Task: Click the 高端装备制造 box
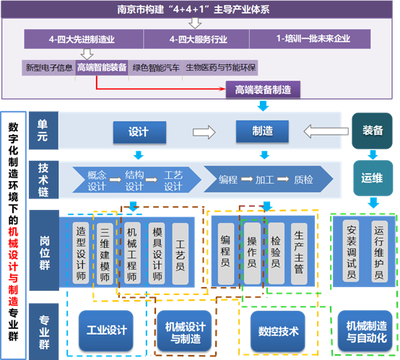click(x=263, y=89)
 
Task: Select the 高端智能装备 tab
click(x=102, y=68)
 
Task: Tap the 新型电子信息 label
click(x=48, y=68)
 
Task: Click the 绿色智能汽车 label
click(x=156, y=68)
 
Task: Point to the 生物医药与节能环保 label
click(x=220, y=68)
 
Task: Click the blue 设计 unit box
click(x=139, y=132)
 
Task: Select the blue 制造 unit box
click(x=262, y=131)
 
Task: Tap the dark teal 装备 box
click(x=372, y=131)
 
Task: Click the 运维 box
click(x=373, y=178)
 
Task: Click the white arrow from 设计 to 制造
click(x=204, y=132)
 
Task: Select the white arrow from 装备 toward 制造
click(x=326, y=131)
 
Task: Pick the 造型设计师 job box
click(x=81, y=253)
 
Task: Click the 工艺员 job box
click(x=180, y=254)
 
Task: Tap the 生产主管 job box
click(x=299, y=253)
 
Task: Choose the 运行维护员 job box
click(x=379, y=251)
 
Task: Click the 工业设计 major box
click(x=106, y=330)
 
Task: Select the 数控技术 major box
click(x=278, y=331)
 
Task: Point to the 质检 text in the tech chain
click(x=303, y=180)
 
